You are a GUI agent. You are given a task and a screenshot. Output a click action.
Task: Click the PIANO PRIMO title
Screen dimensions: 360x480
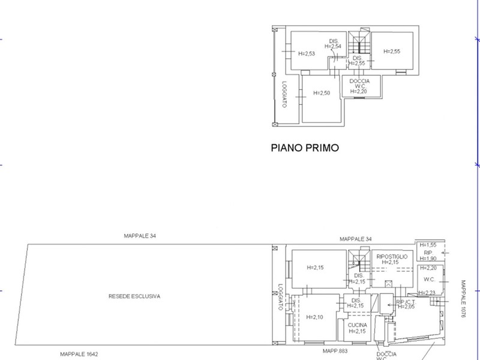pyautogui.click(x=305, y=147)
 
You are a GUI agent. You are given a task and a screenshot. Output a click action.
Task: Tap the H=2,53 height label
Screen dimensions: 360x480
pyautogui.click(x=307, y=53)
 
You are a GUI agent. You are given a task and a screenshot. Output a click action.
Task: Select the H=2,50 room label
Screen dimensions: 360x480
pyautogui.click(x=322, y=93)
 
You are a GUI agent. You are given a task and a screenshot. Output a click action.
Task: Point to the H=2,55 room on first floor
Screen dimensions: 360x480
pyautogui.click(x=391, y=52)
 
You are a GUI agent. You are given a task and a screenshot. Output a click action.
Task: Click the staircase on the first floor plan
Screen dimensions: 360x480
pyautogui.click(x=361, y=45)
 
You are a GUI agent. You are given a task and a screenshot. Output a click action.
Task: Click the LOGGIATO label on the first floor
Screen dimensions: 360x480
pyautogui.click(x=284, y=94)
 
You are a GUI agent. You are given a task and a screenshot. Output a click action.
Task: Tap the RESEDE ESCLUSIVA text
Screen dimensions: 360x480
pyautogui.click(x=134, y=296)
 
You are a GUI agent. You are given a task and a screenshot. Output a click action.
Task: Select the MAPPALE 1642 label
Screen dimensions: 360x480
pyautogui.click(x=79, y=354)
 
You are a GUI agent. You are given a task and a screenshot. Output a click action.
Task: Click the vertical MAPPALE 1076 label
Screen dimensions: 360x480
pyautogui.click(x=463, y=298)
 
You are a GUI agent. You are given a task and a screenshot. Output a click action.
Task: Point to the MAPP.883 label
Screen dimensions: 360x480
pyautogui.click(x=335, y=351)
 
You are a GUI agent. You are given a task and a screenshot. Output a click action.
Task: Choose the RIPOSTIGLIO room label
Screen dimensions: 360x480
pyautogui.click(x=392, y=257)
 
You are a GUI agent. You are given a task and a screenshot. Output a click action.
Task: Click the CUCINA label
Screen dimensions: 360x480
pyautogui.click(x=357, y=325)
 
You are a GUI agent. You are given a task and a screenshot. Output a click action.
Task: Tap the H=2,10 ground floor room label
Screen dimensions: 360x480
pyautogui.click(x=314, y=317)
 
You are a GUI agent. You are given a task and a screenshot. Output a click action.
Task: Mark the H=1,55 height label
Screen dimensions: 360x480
pyautogui.click(x=428, y=245)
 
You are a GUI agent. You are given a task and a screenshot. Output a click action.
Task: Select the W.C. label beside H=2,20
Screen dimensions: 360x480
pyautogui.click(x=429, y=279)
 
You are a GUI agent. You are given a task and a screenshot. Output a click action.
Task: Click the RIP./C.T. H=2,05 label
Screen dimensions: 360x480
pyautogui.click(x=406, y=304)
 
